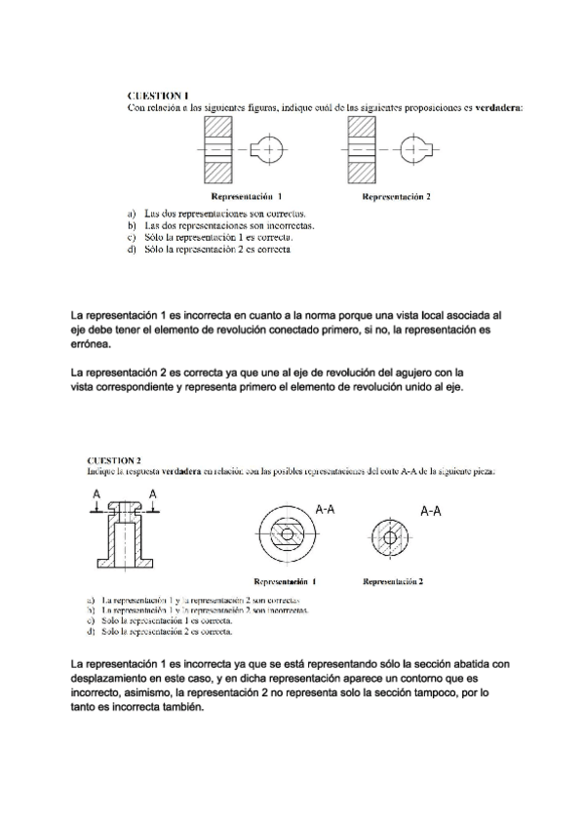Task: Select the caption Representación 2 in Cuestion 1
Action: point(396,196)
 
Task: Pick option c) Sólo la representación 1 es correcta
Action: point(217,237)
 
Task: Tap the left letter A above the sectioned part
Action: point(96,494)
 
